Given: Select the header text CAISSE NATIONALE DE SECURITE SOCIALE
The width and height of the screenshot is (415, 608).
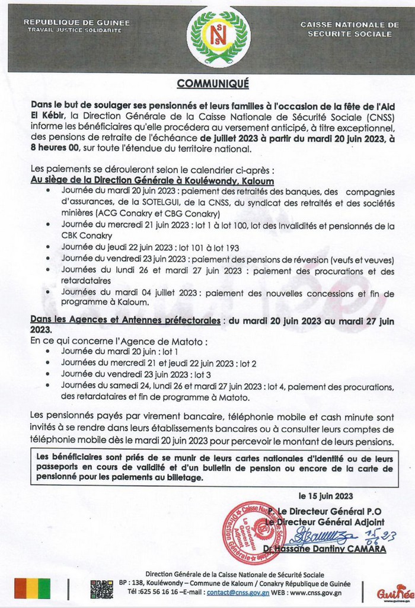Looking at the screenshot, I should coord(350,29).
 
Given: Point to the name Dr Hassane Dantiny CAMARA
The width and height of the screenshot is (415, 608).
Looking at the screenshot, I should coord(335,549).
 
